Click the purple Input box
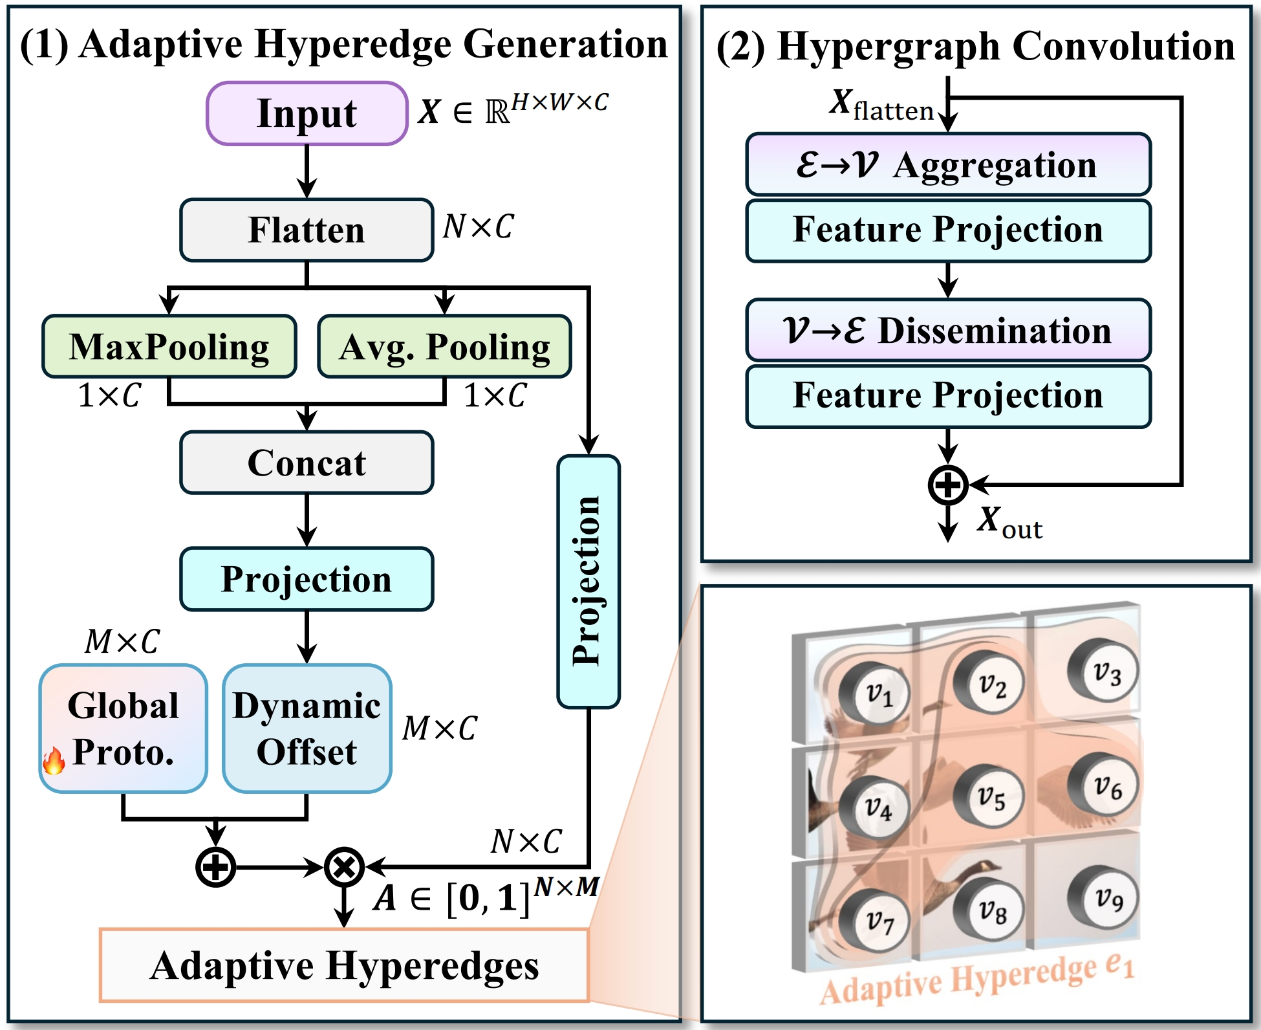pyautogui.click(x=307, y=114)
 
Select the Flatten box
pyautogui.click(x=307, y=230)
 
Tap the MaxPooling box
pyautogui.click(x=169, y=347)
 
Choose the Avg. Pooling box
pyautogui.click(x=445, y=347)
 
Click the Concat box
pyautogui.click(x=307, y=463)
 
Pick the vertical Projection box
pyautogui.click(x=588, y=581)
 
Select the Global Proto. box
pyautogui.click(x=124, y=729)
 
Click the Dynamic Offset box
pyautogui.click(x=307, y=729)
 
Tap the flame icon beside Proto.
pyautogui.click(x=54, y=760)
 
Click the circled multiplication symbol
pyautogui.click(x=344, y=867)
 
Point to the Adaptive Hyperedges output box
pyautogui.click(x=344, y=965)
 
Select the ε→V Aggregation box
pyautogui.click(x=948, y=165)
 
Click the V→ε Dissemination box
pyautogui.click(x=948, y=331)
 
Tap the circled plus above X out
pyautogui.click(x=948, y=485)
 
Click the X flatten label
pyautogui.click(x=881, y=105)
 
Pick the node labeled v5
pyautogui.click(x=989, y=797)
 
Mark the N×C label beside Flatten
pyautogui.click(x=479, y=227)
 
